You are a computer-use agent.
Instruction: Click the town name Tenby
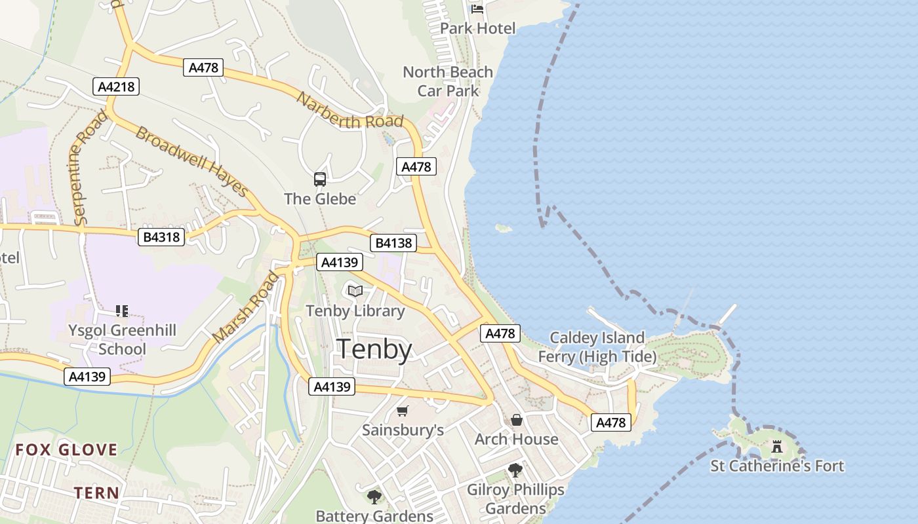374,350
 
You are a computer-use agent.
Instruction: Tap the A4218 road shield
118,86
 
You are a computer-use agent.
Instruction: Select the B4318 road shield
161,236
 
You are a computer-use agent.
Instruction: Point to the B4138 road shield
393,243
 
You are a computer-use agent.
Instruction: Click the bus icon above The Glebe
320,179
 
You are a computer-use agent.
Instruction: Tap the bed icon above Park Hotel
477,9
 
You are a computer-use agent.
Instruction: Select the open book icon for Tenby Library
355,291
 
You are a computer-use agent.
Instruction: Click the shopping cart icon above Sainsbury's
403,411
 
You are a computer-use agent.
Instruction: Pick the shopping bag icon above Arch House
517,420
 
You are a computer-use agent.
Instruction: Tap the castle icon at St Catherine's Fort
777,447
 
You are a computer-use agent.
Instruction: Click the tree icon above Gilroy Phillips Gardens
515,470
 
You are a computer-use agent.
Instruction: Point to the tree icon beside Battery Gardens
374,497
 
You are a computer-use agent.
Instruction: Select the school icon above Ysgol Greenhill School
122,310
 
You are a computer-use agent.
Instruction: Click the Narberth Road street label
349,111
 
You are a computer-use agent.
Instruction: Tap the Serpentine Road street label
89,168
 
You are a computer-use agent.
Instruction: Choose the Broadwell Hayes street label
191,161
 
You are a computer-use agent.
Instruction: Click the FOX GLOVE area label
66,449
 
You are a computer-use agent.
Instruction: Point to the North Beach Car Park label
448,81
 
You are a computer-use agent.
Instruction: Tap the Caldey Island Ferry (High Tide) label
597,347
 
